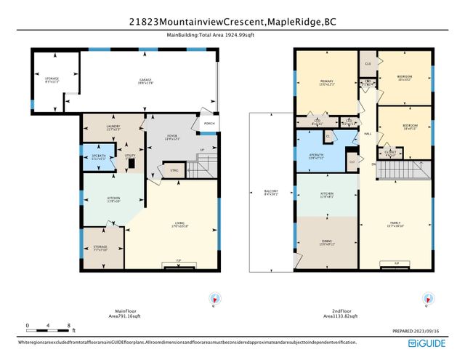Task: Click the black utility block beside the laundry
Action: (x=132, y=164)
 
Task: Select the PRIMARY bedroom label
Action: (x=325, y=82)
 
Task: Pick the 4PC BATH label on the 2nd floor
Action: (x=316, y=156)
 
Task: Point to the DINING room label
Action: (x=326, y=242)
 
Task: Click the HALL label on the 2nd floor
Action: (x=368, y=134)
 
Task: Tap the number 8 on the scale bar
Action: (x=68, y=325)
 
